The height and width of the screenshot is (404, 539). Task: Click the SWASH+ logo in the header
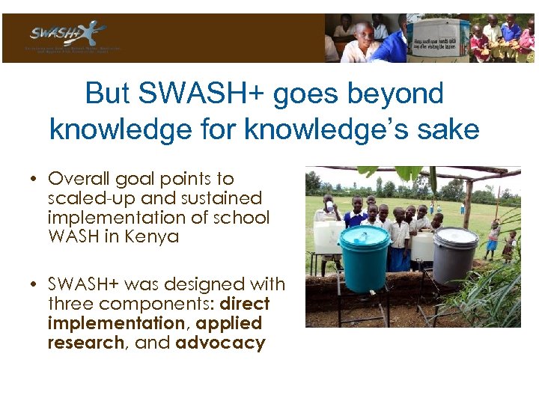[x=68, y=34]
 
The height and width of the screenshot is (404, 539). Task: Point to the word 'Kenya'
[x=153, y=237]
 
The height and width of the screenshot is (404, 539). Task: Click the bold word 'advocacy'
[x=220, y=343]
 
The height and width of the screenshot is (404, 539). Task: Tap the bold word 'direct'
[x=243, y=304]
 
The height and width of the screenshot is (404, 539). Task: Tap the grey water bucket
[x=454, y=257]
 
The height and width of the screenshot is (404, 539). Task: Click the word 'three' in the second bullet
[x=70, y=304]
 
